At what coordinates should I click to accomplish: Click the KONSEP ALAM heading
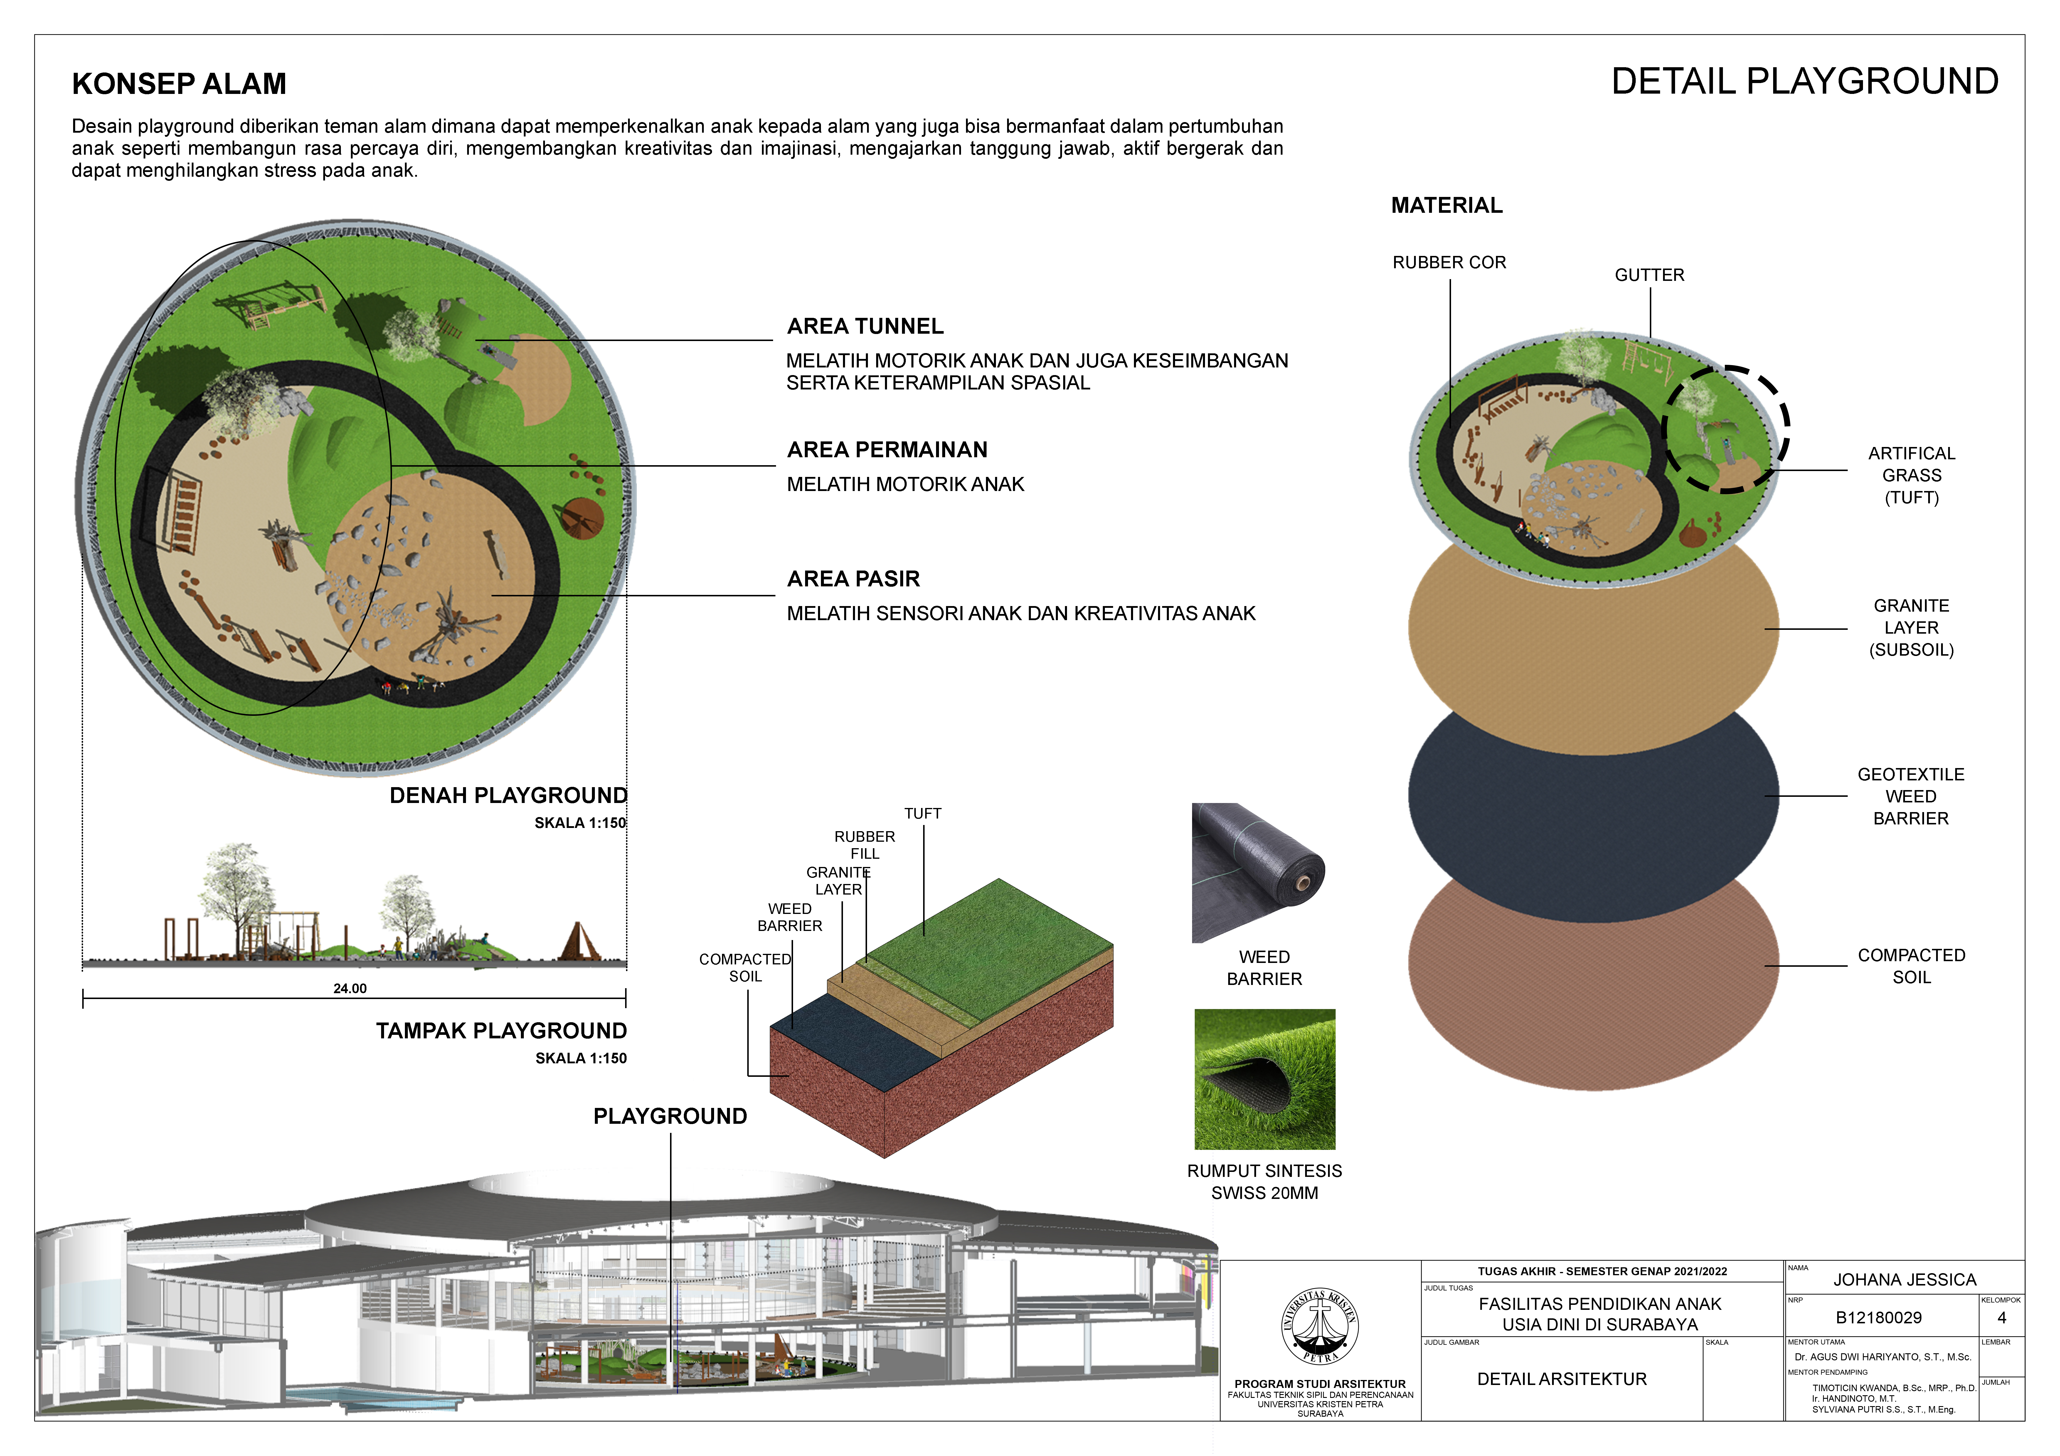point(179,83)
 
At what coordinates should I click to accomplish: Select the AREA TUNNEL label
point(865,326)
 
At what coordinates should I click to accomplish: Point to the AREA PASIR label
point(853,579)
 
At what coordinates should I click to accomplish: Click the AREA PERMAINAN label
point(886,449)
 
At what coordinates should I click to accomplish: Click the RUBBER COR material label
point(1449,262)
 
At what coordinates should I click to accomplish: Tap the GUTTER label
point(1649,274)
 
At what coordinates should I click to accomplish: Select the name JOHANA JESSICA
point(1904,1279)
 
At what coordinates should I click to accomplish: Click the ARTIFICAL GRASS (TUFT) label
point(1911,475)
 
